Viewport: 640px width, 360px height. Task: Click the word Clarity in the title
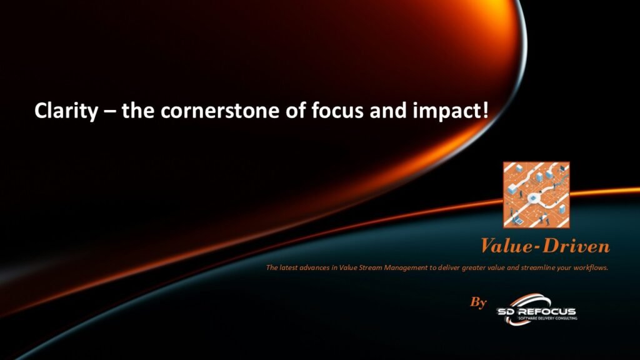tap(66, 111)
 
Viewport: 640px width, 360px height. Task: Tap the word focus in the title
tap(337, 111)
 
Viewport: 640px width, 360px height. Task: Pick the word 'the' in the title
tap(137, 111)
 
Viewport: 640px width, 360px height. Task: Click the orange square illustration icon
tap(536, 195)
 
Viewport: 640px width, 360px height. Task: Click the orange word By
tap(478, 302)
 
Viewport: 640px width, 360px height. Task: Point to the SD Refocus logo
tap(537, 309)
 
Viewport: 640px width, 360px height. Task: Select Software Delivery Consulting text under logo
tap(547, 318)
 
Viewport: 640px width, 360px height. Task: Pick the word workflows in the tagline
tap(591, 267)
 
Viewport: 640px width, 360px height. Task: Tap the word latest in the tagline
tap(289, 267)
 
